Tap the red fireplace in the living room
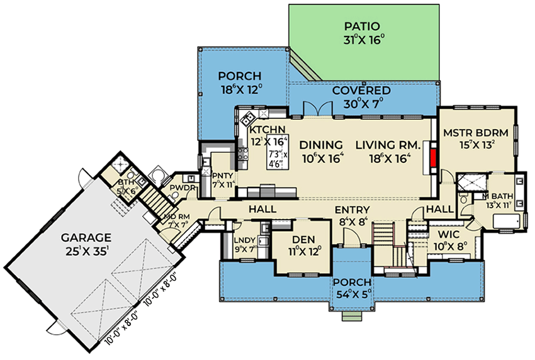click(433, 158)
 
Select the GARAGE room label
click(86, 237)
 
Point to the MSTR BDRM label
click(475, 133)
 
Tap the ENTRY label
click(352, 210)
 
